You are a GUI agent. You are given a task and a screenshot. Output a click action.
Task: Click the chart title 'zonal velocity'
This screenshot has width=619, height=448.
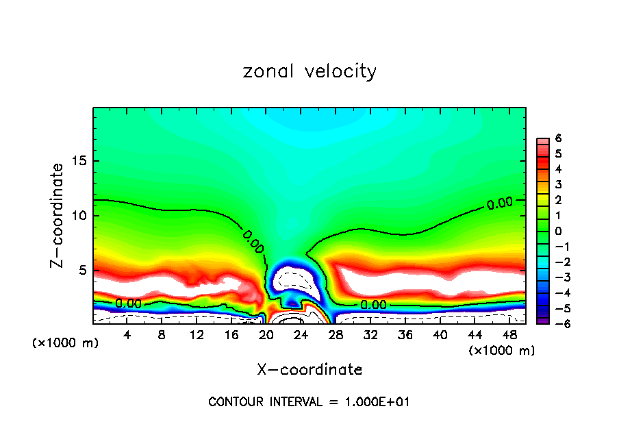[309, 71]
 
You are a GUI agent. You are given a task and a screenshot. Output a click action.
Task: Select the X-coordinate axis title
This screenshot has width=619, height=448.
[309, 370]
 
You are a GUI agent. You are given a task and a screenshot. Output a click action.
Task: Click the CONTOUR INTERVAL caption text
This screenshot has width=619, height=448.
[309, 402]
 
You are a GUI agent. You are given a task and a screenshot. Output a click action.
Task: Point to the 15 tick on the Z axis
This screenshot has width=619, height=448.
[79, 162]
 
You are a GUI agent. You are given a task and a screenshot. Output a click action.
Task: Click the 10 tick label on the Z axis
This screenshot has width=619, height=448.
[79, 216]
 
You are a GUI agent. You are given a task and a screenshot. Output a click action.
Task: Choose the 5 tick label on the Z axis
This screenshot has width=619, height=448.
[82, 270]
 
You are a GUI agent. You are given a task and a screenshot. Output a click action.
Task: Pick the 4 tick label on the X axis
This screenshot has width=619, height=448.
[127, 334]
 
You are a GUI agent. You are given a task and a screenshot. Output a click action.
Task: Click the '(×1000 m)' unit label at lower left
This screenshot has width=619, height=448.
[66, 343]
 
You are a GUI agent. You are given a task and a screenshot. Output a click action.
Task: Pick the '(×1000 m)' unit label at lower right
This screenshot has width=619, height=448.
[502, 351]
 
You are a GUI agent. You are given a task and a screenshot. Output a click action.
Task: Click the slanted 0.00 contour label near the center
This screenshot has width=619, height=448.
[253, 242]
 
